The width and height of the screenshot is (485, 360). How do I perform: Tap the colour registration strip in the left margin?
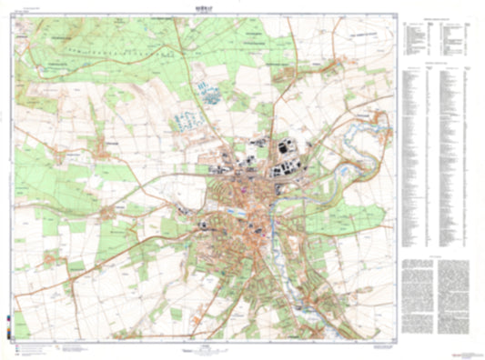pos(7,324)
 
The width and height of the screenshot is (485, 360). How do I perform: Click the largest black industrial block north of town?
pos(283,147)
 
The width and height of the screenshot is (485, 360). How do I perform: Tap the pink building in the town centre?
pos(244,192)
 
